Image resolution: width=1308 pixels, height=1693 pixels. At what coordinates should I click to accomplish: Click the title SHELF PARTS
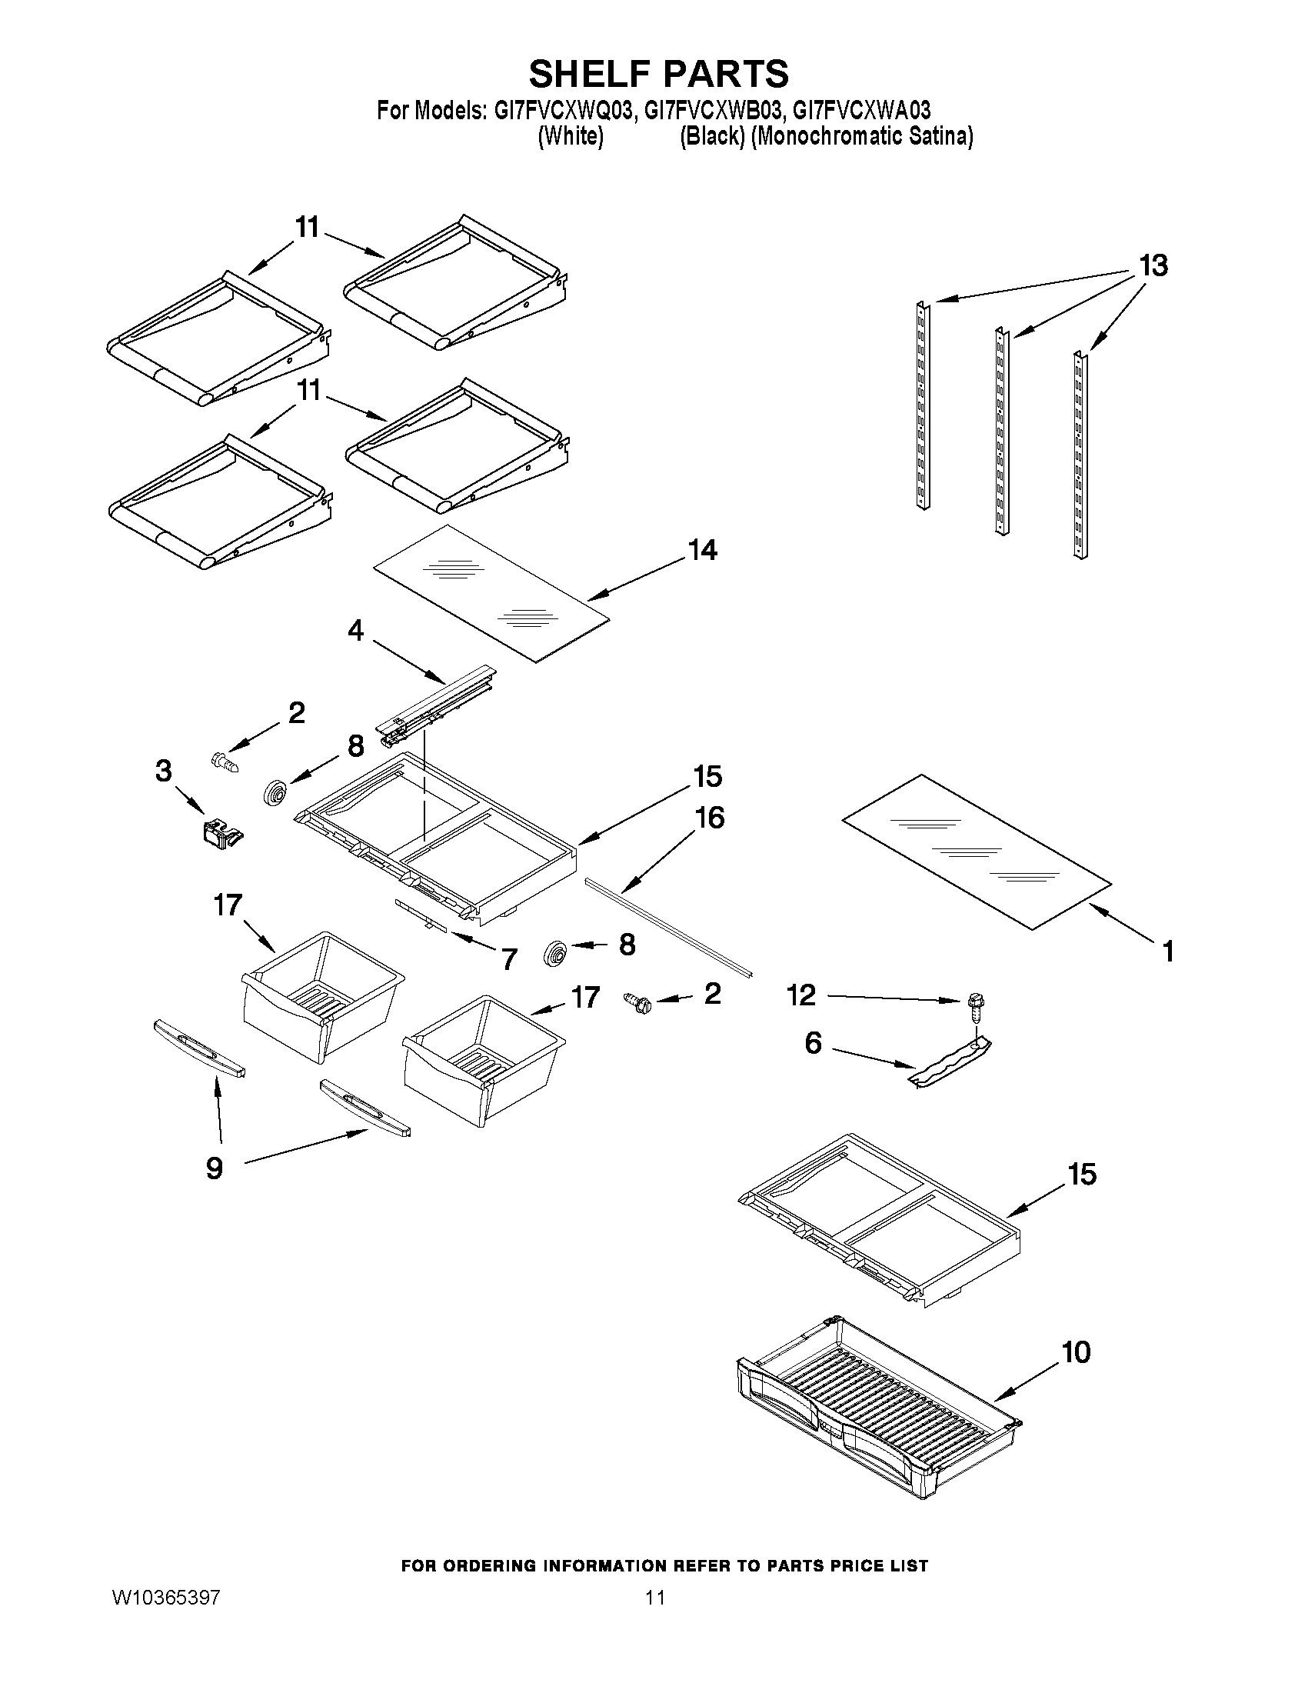(x=658, y=75)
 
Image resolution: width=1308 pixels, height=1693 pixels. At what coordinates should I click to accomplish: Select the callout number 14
(x=703, y=551)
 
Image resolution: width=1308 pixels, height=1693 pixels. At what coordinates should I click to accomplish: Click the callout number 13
(x=1153, y=266)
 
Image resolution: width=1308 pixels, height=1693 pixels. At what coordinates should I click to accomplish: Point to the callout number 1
(x=1168, y=951)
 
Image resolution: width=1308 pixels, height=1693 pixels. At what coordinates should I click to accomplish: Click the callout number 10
(x=1077, y=1352)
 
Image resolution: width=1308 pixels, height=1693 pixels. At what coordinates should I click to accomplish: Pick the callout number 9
(x=215, y=1168)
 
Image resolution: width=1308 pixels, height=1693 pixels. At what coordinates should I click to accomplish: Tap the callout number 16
(x=711, y=818)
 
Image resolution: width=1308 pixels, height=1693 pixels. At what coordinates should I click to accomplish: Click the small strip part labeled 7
(x=422, y=915)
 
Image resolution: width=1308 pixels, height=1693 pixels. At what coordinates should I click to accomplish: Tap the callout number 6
(x=813, y=1043)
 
